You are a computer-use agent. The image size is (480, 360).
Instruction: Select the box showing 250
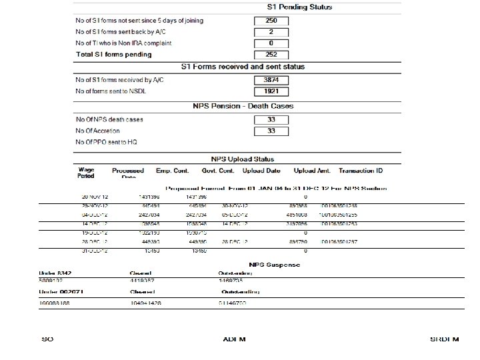(x=271, y=21)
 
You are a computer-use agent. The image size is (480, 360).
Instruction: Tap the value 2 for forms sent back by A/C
(x=271, y=32)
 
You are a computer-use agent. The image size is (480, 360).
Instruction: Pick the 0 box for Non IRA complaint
(x=271, y=43)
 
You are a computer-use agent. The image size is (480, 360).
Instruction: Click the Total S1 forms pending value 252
(x=271, y=55)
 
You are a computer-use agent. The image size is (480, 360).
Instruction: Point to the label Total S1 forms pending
(x=113, y=55)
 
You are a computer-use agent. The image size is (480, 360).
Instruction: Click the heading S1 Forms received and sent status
(x=243, y=67)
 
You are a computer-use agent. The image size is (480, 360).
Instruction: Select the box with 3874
(x=271, y=80)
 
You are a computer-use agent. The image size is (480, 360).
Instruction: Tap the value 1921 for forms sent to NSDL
(x=271, y=91)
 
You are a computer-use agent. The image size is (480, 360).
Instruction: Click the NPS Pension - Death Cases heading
(x=243, y=106)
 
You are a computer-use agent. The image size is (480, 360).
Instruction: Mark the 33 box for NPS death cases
(x=271, y=120)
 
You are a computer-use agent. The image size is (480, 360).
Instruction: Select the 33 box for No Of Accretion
(x=271, y=131)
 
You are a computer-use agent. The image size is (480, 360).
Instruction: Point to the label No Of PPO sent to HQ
(x=107, y=142)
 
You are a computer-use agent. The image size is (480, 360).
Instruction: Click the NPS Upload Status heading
(x=243, y=159)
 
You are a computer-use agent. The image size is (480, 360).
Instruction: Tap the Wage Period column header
(x=86, y=173)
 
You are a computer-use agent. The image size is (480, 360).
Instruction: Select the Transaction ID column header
(x=361, y=170)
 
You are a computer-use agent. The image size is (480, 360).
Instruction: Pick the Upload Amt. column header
(x=311, y=170)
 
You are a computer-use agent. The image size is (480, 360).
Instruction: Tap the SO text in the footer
(x=47, y=339)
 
